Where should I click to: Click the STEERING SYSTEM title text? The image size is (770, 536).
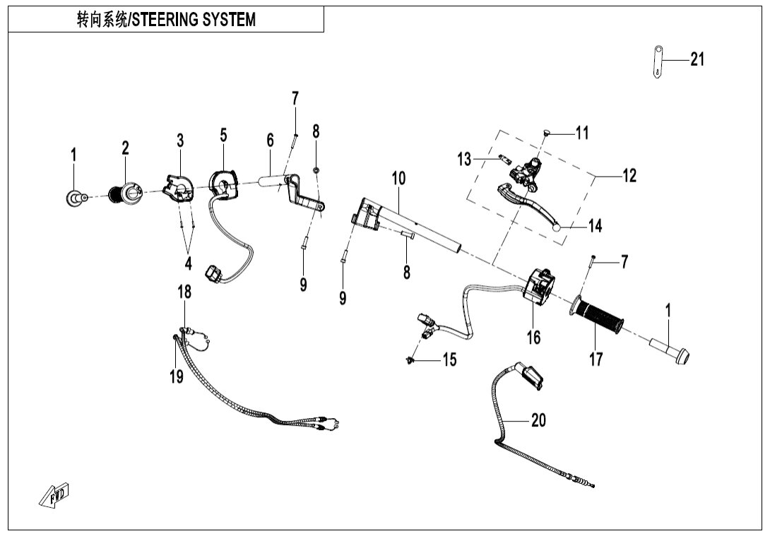tap(166, 20)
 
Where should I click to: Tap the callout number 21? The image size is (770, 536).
tap(697, 60)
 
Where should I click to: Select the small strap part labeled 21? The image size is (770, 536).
tap(658, 61)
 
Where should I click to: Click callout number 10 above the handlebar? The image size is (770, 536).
tap(399, 178)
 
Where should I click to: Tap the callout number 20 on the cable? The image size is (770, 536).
tap(538, 421)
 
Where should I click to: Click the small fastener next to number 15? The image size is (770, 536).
tap(410, 361)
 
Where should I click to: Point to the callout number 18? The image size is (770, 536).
tap(184, 292)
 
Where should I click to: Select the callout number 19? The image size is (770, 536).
tap(176, 376)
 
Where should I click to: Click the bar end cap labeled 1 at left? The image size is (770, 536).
tap(73, 198)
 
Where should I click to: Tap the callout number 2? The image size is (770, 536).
tap(125, 148)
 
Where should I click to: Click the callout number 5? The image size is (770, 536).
tap(223, 135)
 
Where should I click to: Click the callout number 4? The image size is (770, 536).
tap(188, 263)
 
